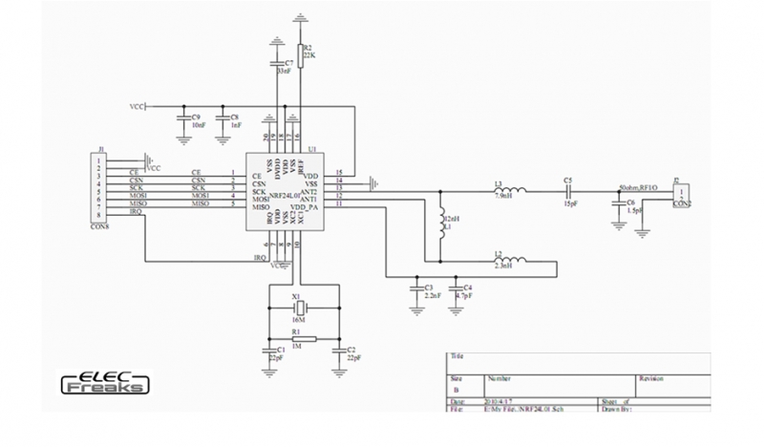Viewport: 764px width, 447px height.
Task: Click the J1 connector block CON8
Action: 98,190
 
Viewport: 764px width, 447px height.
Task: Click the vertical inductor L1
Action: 442,227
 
